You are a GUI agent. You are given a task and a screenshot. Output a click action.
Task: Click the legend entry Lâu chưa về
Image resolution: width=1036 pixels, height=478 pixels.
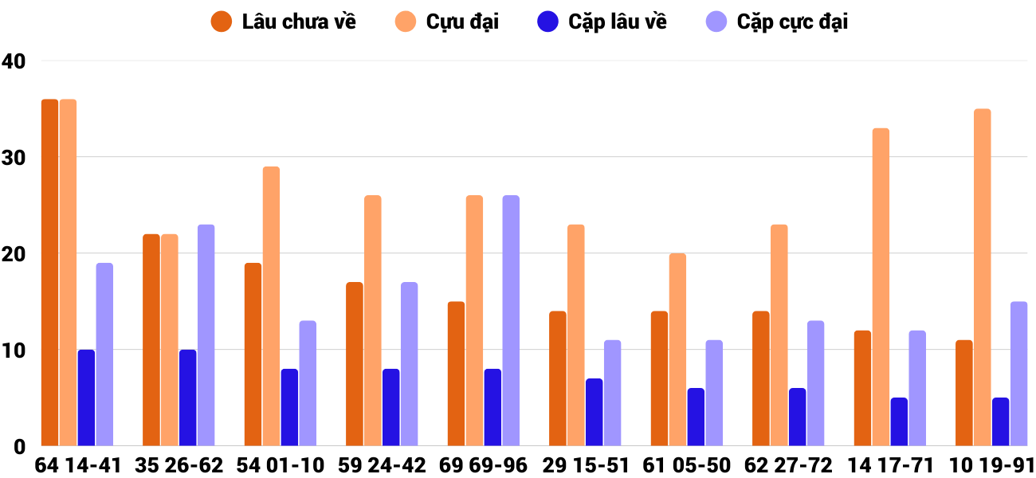(283, 22)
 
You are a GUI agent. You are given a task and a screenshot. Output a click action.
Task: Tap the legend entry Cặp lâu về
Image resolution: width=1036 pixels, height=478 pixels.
(602, 22)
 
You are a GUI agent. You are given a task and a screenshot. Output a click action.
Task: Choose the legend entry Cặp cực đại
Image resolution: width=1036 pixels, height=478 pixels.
(776, 22)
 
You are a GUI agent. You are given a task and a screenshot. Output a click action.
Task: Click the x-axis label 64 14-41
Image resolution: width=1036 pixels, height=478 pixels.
(77, 465)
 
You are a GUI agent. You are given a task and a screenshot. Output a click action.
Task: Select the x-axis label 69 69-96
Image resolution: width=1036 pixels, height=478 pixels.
(484, 465)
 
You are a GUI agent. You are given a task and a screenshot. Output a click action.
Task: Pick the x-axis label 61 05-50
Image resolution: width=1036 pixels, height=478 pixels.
(687, 465)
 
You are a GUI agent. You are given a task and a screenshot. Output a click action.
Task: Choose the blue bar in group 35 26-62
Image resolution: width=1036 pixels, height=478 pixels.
(188, 398)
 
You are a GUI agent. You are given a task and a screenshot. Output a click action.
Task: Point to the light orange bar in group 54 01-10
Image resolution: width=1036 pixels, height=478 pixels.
(271, 306)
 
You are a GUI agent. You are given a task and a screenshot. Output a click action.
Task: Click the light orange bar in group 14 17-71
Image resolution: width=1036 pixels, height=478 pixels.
(881, 287)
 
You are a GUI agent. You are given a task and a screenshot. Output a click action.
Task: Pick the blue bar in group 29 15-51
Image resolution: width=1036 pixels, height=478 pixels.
(595, 412)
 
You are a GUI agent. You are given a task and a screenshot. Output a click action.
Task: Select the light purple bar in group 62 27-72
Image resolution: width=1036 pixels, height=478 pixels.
(815, 383)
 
